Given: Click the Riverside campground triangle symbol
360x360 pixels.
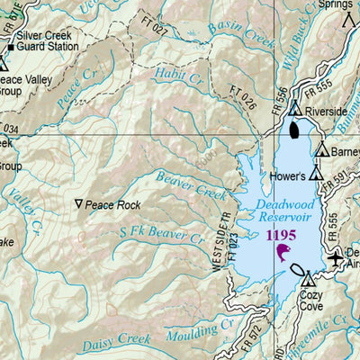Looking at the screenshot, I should pyautogui.click(x=295, y=109).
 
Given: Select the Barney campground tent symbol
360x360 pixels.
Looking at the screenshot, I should pyautogui.click(x=320, y=150).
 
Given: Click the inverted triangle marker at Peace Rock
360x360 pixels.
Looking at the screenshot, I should pyautogui.click(x=80, y=204).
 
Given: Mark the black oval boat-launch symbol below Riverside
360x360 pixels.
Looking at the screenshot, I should pyautogui.click(x=296, y=130).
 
